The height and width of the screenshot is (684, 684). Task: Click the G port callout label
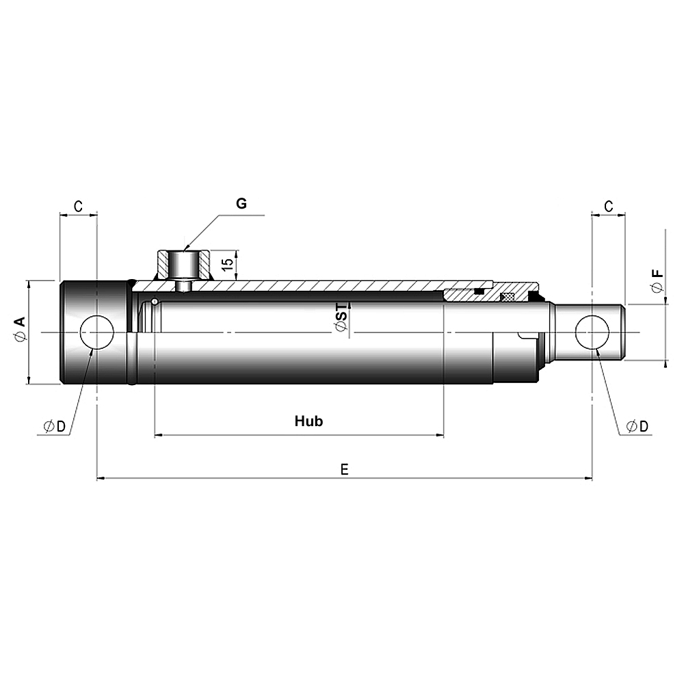(x=241, y=203)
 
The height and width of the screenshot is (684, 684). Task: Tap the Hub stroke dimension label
(x=309, y=421)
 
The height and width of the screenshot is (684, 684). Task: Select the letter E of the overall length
(x=344, y=469)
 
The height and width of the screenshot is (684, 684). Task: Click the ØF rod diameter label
(x=657, y=281)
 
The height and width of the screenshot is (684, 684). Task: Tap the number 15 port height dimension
(x=227, y=264)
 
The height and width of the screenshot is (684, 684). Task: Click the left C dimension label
(x=78, y=206)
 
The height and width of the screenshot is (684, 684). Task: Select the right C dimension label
(x=609, y=206)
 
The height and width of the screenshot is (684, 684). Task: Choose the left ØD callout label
(x=55, y=426)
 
